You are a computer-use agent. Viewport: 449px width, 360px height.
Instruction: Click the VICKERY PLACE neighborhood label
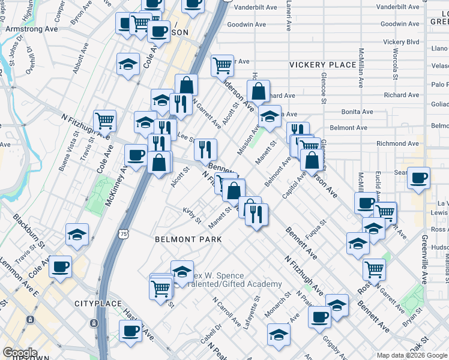(x=322, y=64)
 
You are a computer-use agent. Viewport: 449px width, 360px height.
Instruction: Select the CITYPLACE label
(x=98, y=304)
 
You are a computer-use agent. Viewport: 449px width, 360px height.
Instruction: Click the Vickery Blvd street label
(x=401, y=42)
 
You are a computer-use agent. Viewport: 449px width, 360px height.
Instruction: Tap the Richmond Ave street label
(x=397, y=143)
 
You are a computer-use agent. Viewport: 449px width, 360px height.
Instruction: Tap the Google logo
(x=20, y=353)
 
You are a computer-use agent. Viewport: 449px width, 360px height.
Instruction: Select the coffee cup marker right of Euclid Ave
(x=419, y=178)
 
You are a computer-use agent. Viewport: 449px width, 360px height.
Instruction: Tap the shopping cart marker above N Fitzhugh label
(x=105, y=120)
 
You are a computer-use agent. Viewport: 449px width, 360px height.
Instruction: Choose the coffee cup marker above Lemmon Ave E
(x=61, y=266)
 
